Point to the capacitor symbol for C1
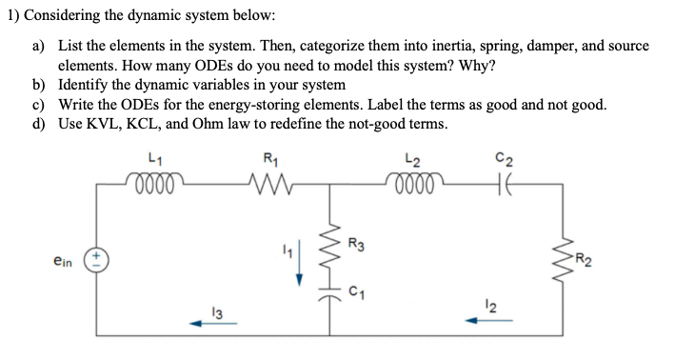tap(331, 300)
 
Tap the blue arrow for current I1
tap(300, 268)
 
